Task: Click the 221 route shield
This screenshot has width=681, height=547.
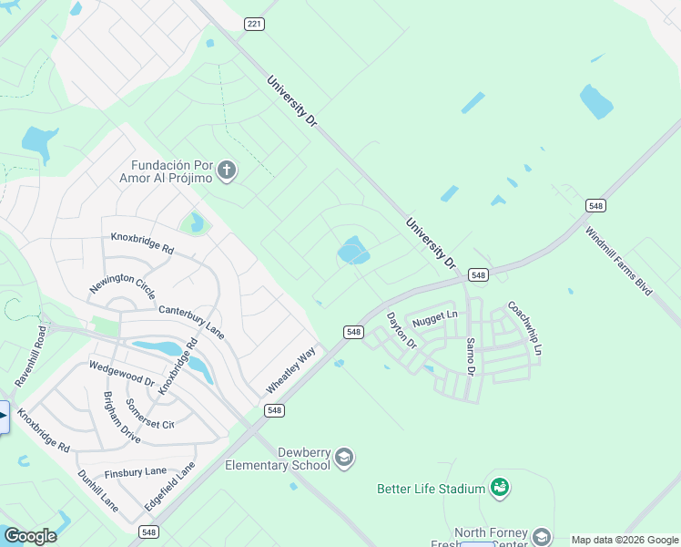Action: coord(254,24)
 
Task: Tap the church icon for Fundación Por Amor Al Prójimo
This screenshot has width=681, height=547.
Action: coord(228,170)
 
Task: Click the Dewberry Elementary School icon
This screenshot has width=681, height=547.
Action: coord(344,457)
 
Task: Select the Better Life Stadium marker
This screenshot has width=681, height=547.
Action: coord(499,488)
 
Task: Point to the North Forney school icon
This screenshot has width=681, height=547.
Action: coord(542,536)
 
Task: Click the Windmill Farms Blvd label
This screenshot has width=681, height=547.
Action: coord(619,260)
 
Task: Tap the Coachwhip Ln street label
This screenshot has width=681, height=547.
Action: coord(524,329)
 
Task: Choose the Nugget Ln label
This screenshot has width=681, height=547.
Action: coord(434,319)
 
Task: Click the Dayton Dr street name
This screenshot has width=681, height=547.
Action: coord(401,331)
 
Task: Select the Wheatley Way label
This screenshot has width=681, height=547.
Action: coord(290,370)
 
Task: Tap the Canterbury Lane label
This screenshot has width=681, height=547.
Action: coord(191,317)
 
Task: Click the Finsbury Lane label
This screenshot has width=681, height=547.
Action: coord(136,471)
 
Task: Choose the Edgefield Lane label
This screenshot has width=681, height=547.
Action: coord(170,487)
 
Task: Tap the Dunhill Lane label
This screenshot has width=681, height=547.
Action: coord(97,490)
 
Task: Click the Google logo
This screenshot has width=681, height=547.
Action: coord(30,535)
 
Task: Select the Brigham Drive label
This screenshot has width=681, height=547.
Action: coord(121,418)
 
